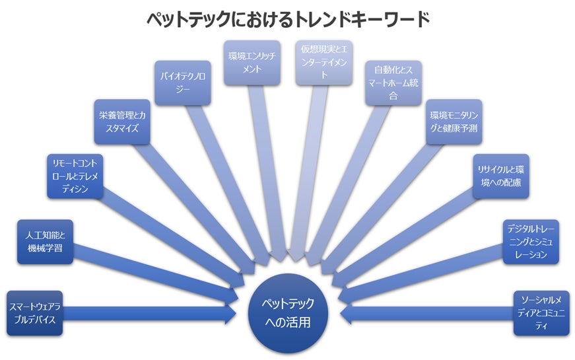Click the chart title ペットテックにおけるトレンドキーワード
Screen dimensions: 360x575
pyautogui.click(x=288, y=18)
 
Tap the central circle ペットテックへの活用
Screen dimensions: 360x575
pyautogui.click(x=288, y=313)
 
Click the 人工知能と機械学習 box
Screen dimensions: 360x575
pyautogui.click(x=45, y=242)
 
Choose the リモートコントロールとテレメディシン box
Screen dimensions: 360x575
pyautogui.click(x=76, y=176)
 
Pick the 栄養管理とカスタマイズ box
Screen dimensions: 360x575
pyautogui.click(x=120, y=122)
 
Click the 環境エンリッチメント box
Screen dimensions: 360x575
pyautogui.click(x=252, y=62)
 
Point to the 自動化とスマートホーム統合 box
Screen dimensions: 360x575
pyautogui.click(x=394, y=83)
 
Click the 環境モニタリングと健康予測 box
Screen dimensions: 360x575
pyautogui.click(x=454, y=122)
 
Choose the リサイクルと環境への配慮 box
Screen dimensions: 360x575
pyautogui.click(x=500, y=176)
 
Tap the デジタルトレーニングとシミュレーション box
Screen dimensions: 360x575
pyautogui.click(x=531, y=242)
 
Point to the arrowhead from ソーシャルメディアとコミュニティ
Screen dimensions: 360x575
pyautogui.click(x=348, y=313)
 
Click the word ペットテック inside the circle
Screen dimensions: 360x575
pyautogui.click(x=288, y=304)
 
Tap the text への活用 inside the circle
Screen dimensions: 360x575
pyautogui.click(x=288, y=323)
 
